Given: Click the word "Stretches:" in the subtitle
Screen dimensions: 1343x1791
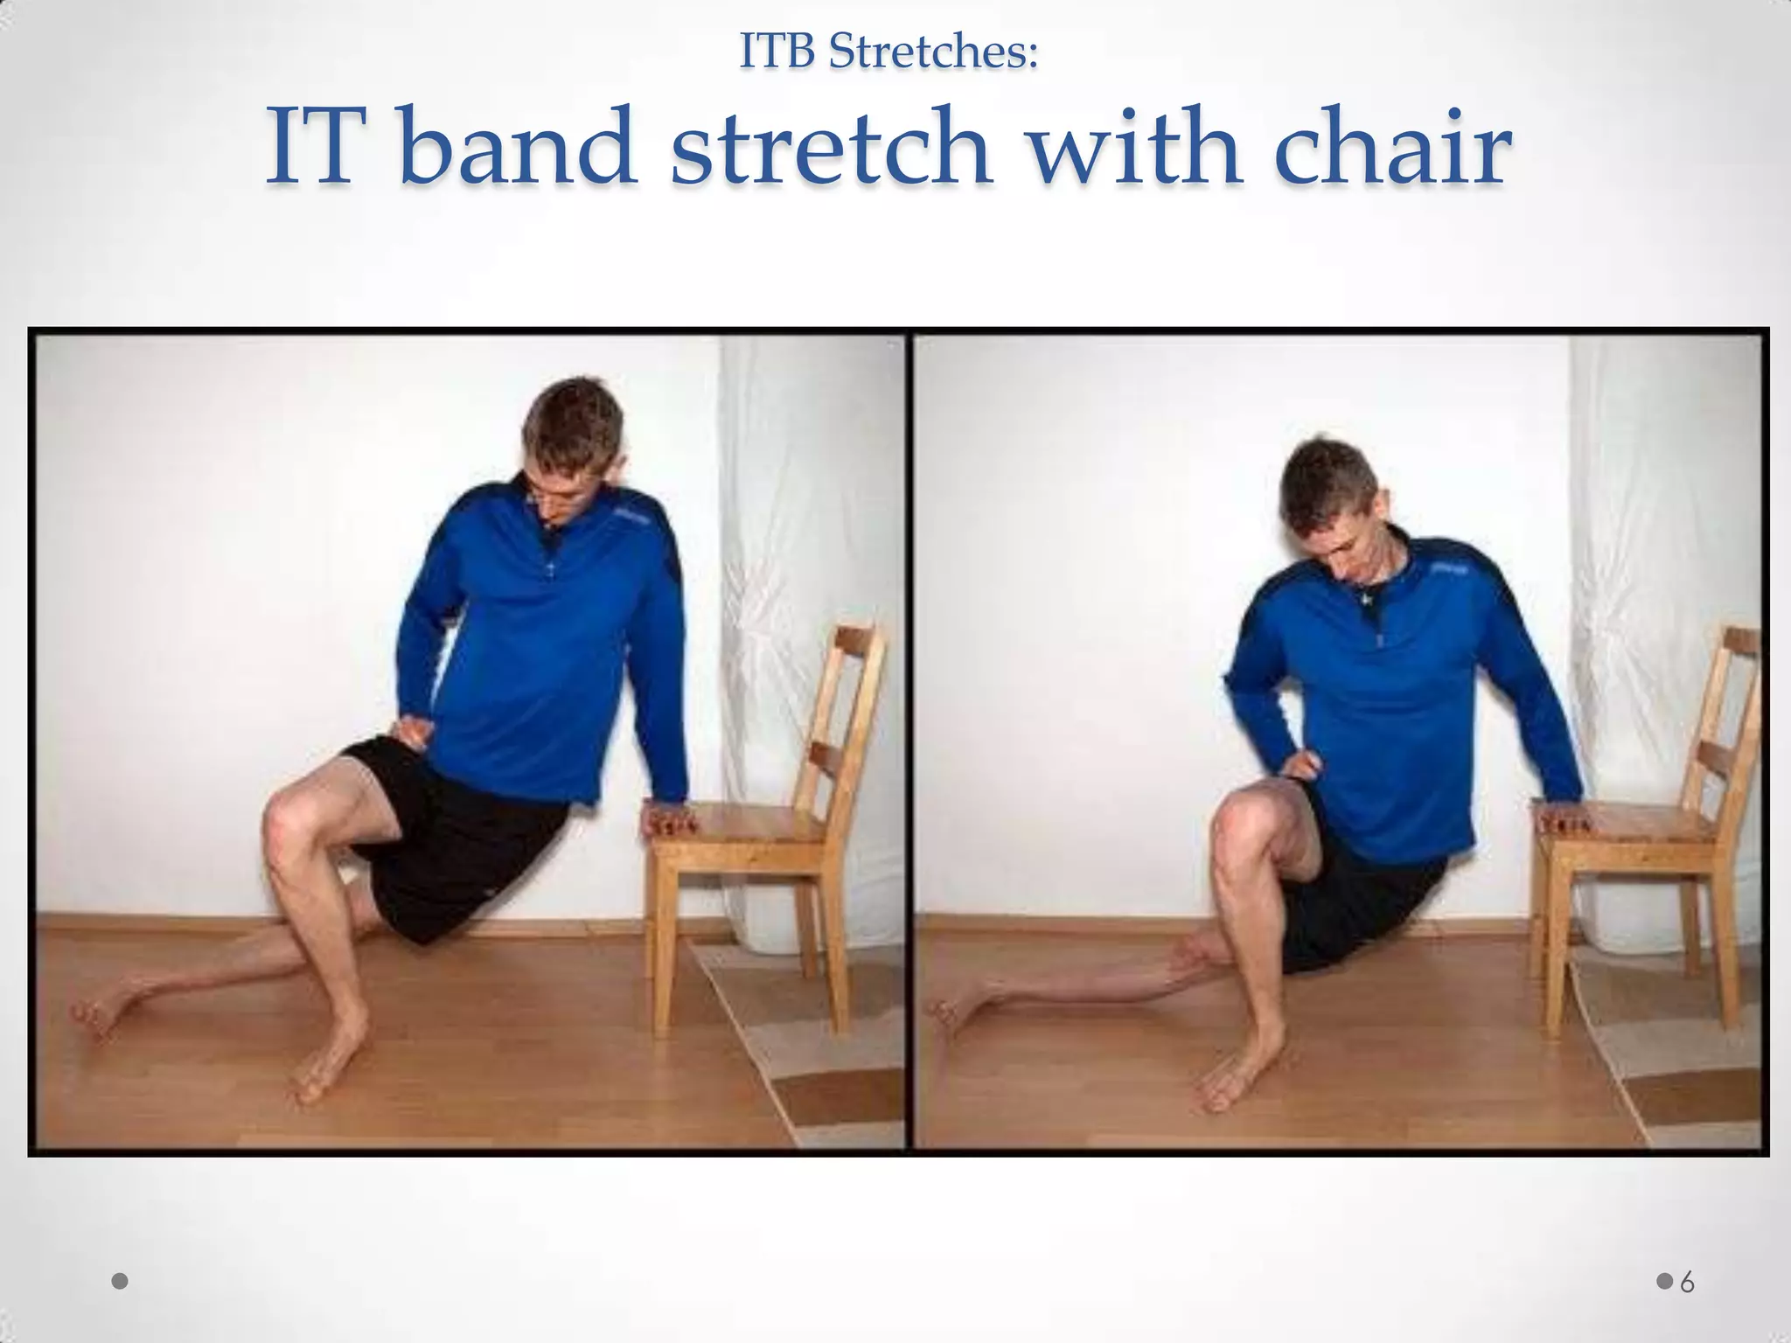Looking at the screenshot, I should pyautogui.click(x=933, y=52).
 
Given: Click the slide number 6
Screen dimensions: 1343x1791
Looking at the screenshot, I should pyautogui.click(x=1687, y=1283).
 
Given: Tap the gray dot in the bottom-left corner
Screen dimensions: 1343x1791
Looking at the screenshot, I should pyautogui.click(x=121, y=1282).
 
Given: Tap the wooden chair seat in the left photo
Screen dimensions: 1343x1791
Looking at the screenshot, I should pyautogui.click(x=752, y=826).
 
